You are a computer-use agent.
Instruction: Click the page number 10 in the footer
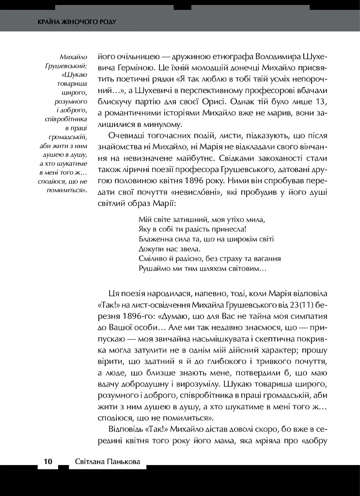click(47, 462)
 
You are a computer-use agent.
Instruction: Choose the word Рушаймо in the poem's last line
click(155, 268)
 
